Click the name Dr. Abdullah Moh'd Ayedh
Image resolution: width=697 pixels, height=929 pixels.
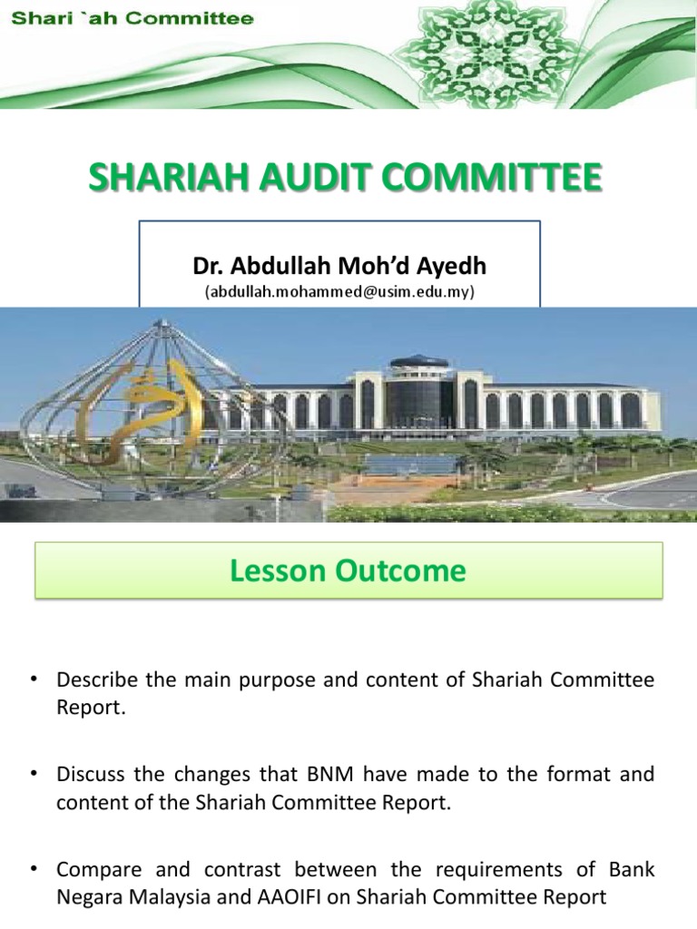pos(339,266)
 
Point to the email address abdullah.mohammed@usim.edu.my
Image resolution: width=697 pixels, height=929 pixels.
pos(339,291)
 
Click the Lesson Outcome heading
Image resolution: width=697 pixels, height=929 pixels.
pos(348,571)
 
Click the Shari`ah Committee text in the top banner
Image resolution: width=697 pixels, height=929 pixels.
pos(133,19)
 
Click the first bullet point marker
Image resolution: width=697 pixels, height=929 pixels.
pos(34,680)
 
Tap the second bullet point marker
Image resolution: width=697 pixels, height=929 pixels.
pos(34,774)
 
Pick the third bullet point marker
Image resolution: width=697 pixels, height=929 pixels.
pos(34,868)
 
